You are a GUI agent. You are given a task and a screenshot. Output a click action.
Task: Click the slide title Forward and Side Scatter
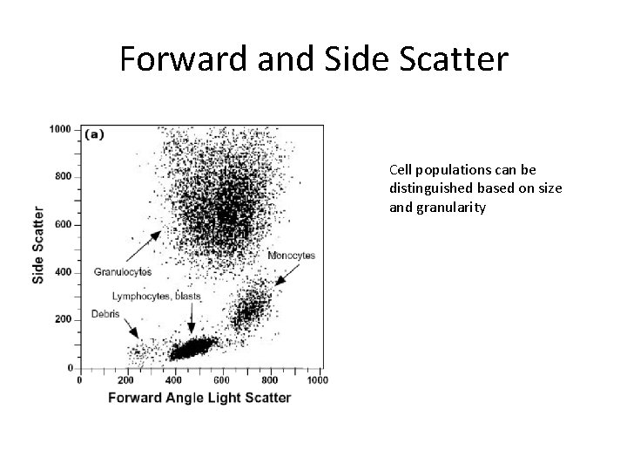point(313,59)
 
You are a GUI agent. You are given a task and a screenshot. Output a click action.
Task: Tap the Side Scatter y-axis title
point(39,243)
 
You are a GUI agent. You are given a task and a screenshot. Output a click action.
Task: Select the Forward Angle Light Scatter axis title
point(199,398)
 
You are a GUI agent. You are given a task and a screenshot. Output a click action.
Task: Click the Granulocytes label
point(123,272)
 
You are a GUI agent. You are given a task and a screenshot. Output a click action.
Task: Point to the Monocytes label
point(291,256)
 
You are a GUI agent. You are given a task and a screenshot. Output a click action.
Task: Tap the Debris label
point(105,314)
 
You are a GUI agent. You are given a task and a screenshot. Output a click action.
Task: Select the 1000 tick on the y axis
point(60,129)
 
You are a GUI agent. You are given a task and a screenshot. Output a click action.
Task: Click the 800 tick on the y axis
point(63,177)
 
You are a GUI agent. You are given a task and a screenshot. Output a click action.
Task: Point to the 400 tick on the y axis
point(63,272)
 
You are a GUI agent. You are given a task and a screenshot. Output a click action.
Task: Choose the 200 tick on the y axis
point(63,320)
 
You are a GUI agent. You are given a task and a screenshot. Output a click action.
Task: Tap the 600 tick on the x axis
point(221,380)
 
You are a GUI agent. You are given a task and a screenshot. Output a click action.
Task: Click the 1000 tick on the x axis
point(317,380)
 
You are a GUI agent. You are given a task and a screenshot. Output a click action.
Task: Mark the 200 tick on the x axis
point(126,380)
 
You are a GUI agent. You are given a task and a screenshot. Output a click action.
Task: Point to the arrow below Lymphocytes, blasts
point(191,322)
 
